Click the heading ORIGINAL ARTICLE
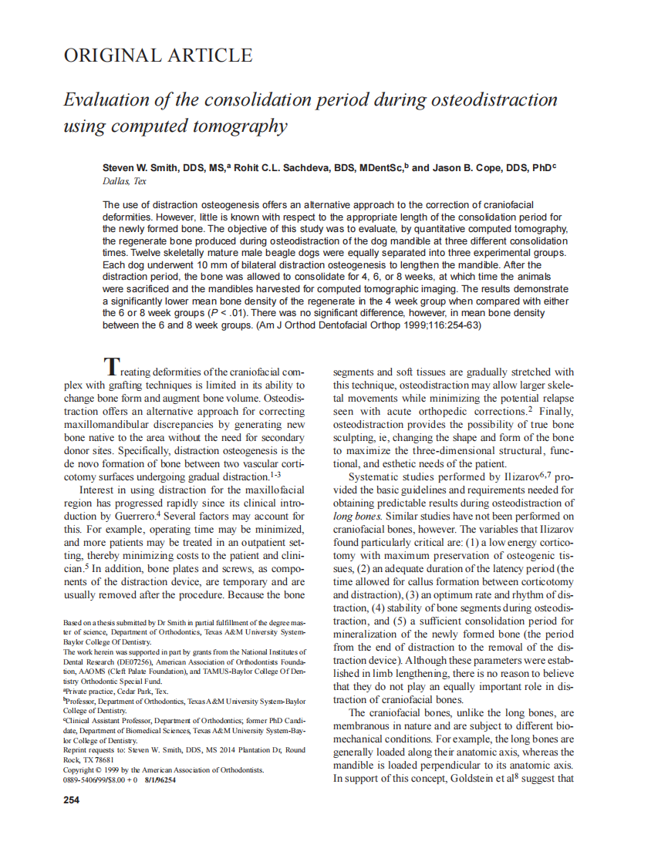pyautogui.click(x=157, y=56)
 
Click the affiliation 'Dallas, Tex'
pyautogui.click(x=124, y=181)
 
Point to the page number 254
pyautogui.click(x=71, y=799)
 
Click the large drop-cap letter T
pyautogui.click(x=112, y=365)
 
